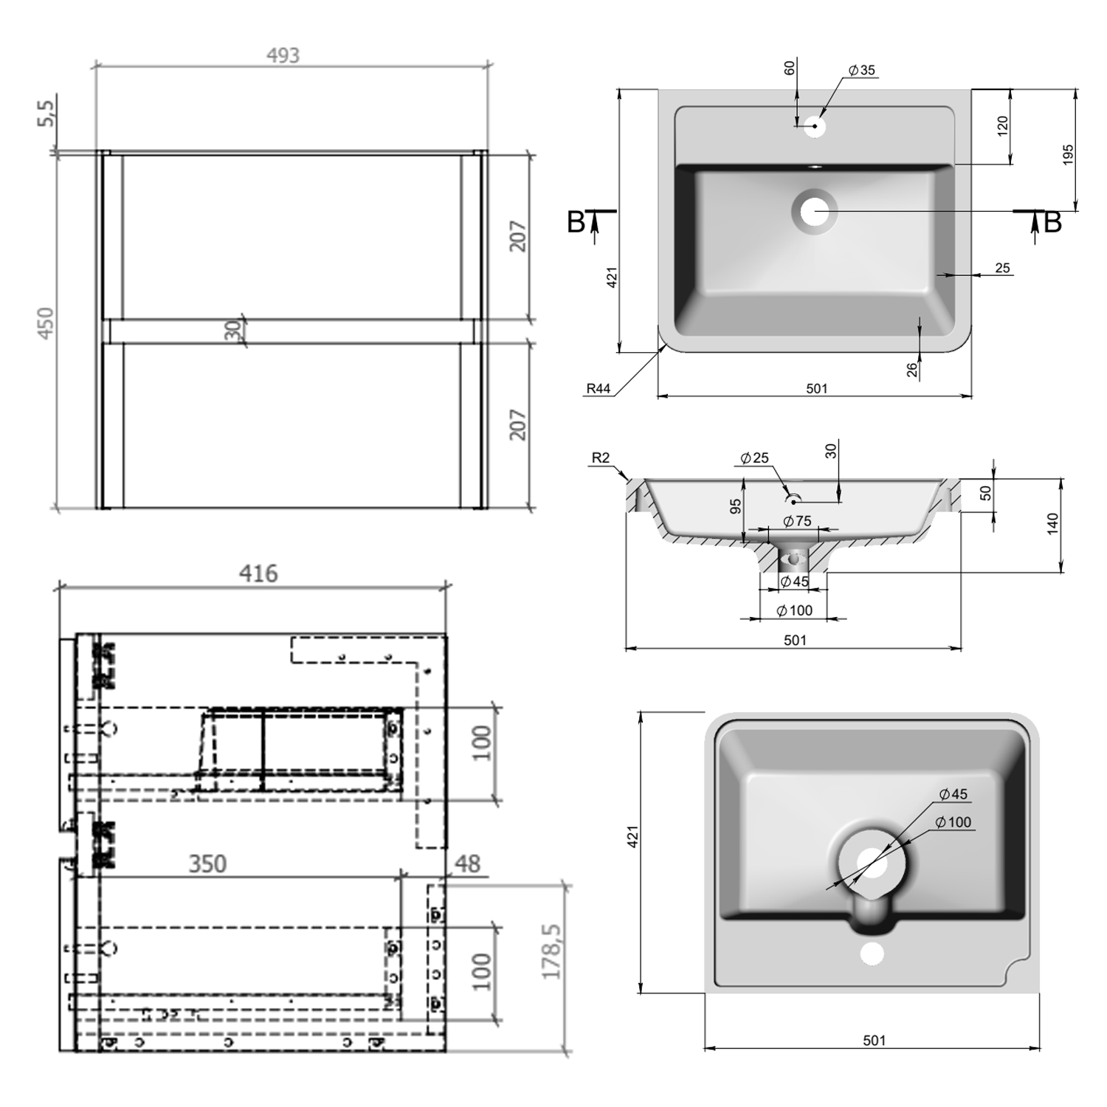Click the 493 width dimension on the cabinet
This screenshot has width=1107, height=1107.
coord(283,55)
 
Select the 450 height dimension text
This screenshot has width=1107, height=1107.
coord(46,323)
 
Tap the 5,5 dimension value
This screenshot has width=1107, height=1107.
coord(46,113)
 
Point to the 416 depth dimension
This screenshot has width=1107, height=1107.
coord(258,573)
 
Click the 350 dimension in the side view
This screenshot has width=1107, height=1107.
coord(207,863)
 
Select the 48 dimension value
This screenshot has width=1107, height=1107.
coord(468,863)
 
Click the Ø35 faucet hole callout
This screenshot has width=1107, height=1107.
coord(861,70)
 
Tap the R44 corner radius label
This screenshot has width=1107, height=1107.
coord(599,388)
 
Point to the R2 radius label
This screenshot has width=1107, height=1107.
coord(601,458)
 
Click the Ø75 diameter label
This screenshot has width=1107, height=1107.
coord(797,521)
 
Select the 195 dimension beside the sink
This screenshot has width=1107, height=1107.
coord(1068,155)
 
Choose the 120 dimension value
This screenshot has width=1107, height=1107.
coord(1002,126)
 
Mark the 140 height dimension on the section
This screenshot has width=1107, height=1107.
coord(1052,523)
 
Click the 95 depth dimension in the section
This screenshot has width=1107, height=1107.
coord(735,506)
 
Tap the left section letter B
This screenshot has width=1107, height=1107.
coord(576,222)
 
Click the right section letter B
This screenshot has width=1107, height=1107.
coord(1052,222)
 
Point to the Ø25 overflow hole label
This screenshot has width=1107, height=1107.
coord(755,458)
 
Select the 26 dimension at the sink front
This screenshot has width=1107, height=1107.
coord(912,369)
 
